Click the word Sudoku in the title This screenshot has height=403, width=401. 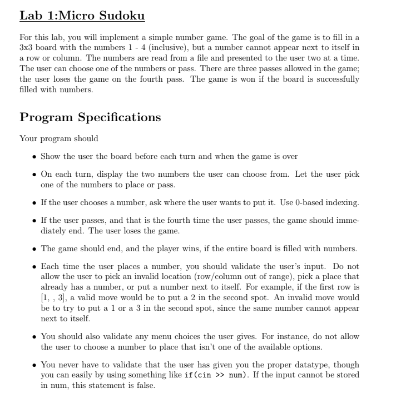point(121,16)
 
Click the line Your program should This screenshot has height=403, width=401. point(59,138)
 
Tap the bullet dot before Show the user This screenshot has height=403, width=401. point(34,157)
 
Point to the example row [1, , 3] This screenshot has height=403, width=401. point(53,298)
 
